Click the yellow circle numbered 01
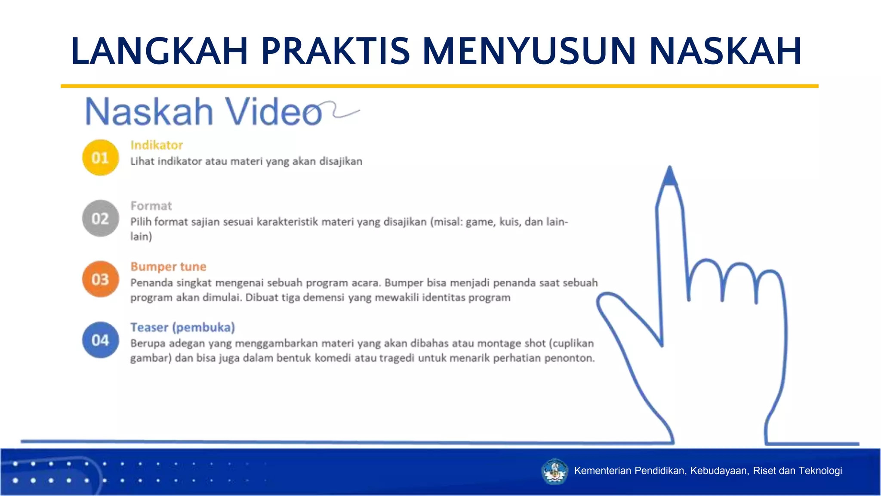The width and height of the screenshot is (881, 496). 100,158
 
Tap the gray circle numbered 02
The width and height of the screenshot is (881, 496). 100,218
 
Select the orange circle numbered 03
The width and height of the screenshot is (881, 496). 100,279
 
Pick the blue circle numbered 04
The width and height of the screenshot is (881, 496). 100,340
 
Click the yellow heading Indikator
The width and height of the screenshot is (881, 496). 157,145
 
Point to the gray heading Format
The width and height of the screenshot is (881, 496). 151,206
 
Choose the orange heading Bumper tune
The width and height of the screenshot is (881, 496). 168,267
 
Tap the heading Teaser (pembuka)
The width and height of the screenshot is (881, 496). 182,327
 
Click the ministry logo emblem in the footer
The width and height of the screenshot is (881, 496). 554,471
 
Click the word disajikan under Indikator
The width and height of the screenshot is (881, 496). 341,161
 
